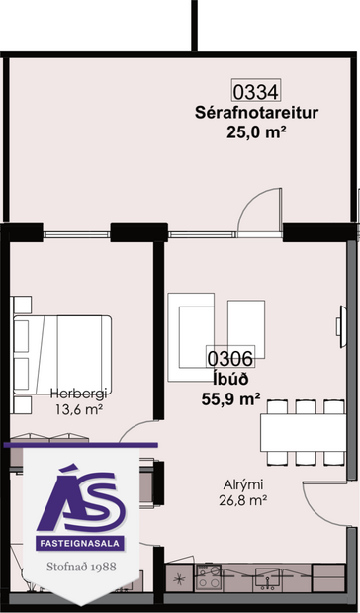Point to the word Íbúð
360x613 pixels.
pos(223,380)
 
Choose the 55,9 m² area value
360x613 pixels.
pos(229,399)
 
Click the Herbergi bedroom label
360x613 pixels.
pos(76,393)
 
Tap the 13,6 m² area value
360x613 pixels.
pos(76,408)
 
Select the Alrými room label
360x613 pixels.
pos(241,485)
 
